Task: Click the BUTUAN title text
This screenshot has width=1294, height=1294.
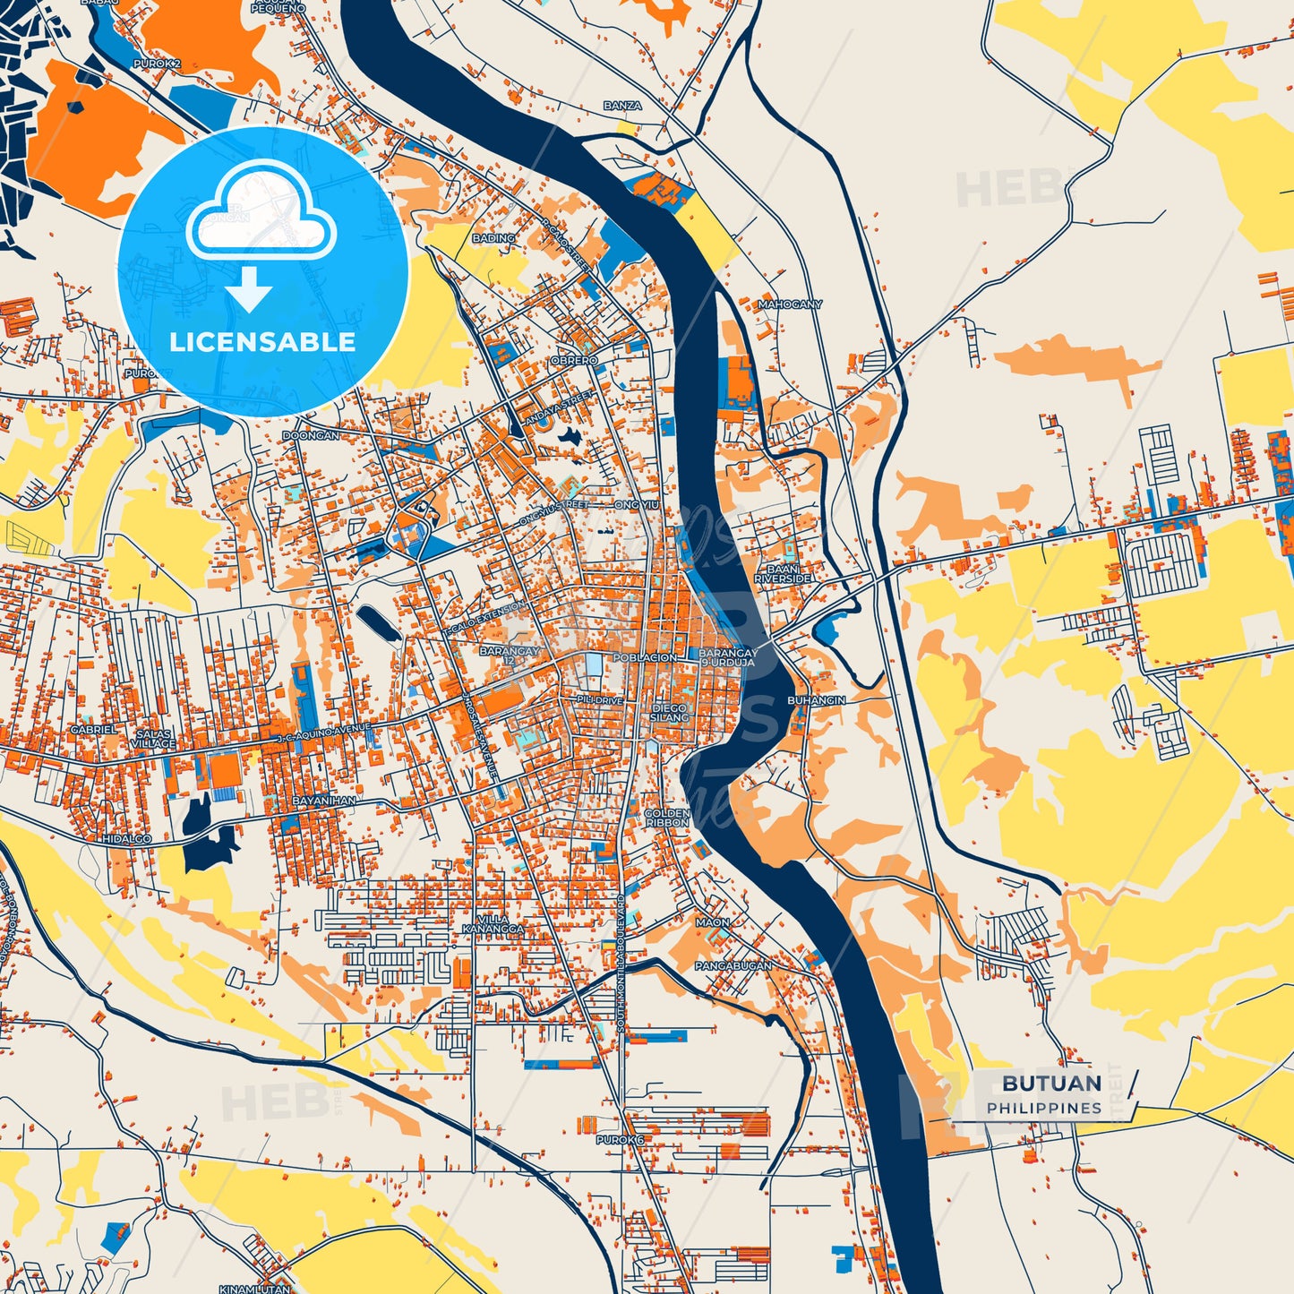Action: click(x=1051, y=1083)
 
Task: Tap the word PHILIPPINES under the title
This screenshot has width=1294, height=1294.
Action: click(x=1044, y=1109)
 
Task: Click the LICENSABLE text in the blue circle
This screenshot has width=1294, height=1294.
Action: click(x=262, y=342)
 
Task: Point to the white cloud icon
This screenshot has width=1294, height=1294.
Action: click(x=261, y=211)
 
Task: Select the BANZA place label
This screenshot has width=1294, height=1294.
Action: click(x=622, y=106)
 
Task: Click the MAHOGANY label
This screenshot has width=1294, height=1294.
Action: click(x=790, y=304)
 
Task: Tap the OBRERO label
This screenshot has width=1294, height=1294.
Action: click(x=574, y=360)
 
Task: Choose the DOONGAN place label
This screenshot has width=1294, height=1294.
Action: click(x=311, y=436)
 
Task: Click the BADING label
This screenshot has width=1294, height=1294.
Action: click(x=493, y=238)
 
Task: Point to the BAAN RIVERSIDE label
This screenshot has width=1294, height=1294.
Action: click(x=783, y=574)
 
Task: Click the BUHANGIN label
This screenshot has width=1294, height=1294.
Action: click(x=816, y=700)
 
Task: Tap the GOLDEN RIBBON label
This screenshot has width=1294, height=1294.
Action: click(x=667, y=818)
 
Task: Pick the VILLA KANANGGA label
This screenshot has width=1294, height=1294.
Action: click(x=493, y=924)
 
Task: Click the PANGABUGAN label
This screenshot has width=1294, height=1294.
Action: click(x=733, y=966)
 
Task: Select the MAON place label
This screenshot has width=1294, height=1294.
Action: click(x=713, y=922)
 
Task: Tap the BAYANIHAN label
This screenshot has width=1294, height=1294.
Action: click(x=323, y=800)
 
